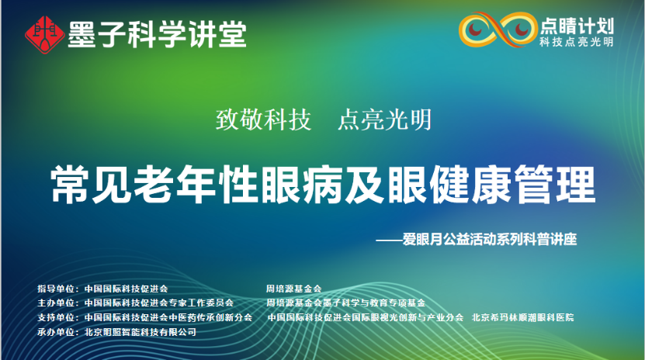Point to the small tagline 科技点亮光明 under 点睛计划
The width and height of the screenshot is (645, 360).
(576, 42)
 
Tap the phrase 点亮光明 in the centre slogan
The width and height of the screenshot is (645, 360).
(384, 119)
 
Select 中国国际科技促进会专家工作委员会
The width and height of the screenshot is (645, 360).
(158, 303)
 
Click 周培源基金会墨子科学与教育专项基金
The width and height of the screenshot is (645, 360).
(345, 303)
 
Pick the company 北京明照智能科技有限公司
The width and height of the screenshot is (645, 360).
(140, 332)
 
